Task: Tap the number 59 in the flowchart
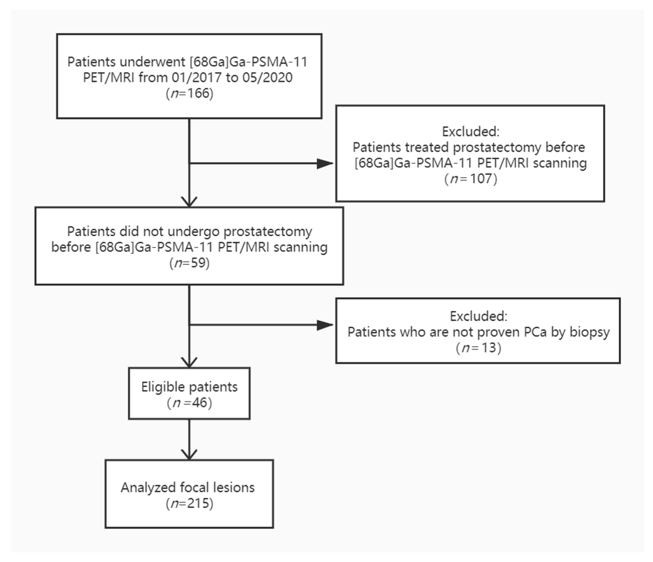coord(198,262)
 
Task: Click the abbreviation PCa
coord(535,332)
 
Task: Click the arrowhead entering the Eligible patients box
coord(189,362)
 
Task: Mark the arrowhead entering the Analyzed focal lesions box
coord(189,454)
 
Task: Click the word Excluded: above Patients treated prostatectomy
coord(470,132)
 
